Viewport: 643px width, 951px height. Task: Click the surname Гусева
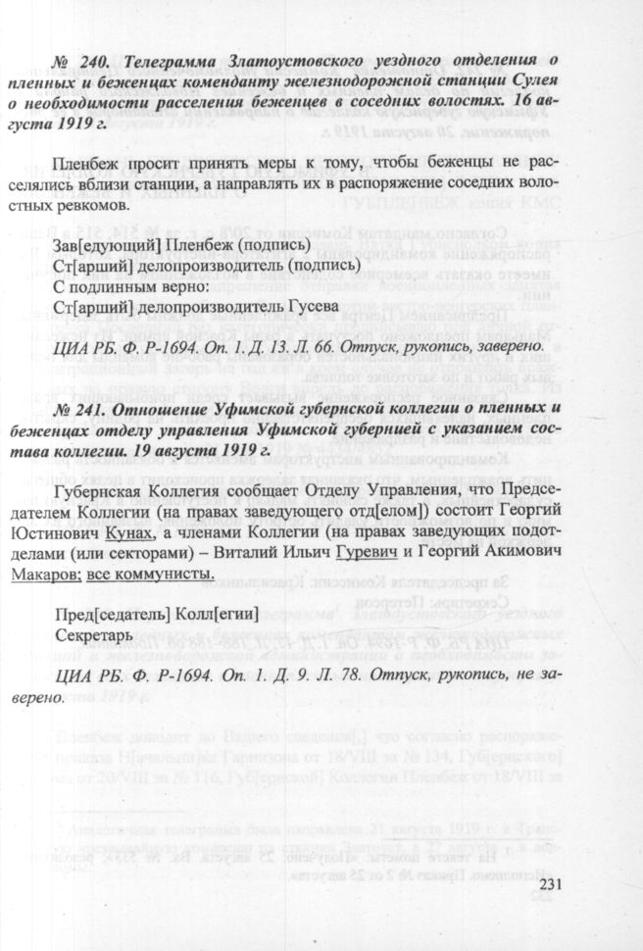click(307, 306)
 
